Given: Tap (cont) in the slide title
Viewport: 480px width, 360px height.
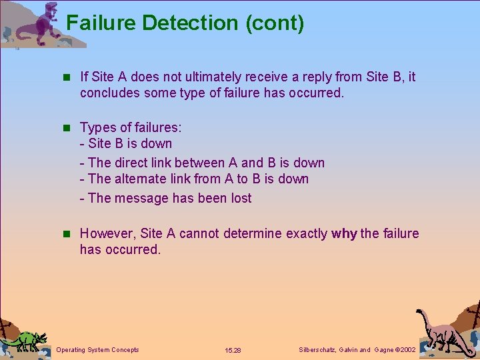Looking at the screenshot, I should point(275,23).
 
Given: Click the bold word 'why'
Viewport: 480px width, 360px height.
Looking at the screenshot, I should point(344,233).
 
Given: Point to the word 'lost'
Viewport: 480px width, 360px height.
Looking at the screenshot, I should point(241,198).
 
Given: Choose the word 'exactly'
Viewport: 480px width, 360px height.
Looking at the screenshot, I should point(307,233).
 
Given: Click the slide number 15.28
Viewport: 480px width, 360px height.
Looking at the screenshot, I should point(233,350).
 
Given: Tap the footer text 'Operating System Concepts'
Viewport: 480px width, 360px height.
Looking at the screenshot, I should point(98,349).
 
